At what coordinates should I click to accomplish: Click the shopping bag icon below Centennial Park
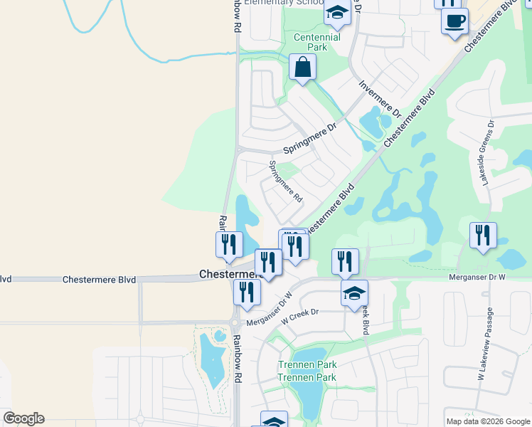coord(302,68)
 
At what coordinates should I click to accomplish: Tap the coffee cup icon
coord(454,21)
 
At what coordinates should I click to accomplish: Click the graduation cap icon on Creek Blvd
coord(354,292)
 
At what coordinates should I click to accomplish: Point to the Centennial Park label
coord(316,42)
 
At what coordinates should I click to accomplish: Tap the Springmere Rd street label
coord(285,181)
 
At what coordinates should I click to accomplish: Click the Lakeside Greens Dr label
coord(486,159)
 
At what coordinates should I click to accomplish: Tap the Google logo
coord(23,418)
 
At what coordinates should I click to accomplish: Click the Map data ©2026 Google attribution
coord(487,421)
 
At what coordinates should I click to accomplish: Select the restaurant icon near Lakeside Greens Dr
coord(483,235)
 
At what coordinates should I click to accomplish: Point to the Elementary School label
coord(284,3)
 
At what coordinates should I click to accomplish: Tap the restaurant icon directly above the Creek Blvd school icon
coord(345,261)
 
